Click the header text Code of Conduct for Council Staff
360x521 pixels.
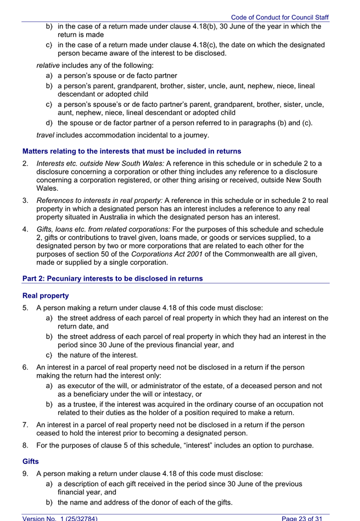(x=279, y=18)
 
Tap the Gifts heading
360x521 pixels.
(x=32, y=461)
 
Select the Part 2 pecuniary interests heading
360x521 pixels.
(x=113, y=279)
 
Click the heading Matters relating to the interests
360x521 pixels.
(x=132, y=151)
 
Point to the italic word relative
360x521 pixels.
(x=48, y=65)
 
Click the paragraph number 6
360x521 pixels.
(x=26, y=367)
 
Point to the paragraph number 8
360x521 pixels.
(x=26, y=445)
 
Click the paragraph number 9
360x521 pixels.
(x=26, y=473)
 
